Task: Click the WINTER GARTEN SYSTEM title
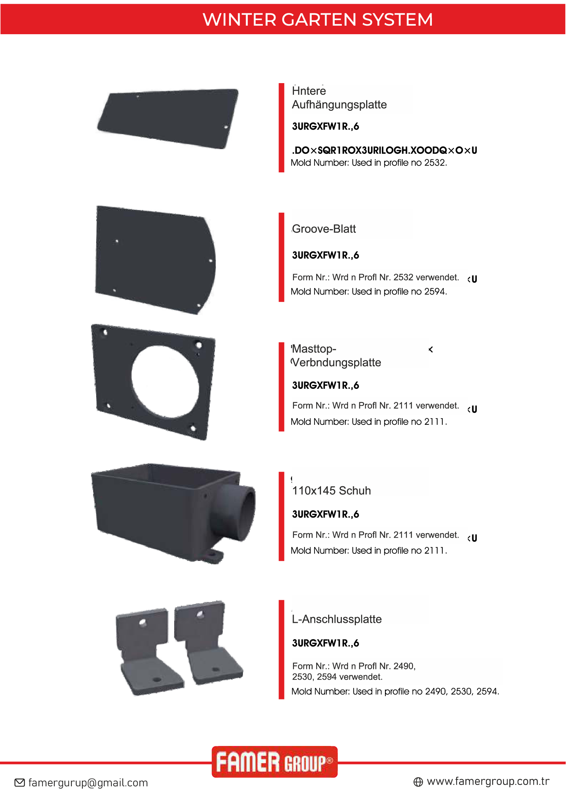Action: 318,19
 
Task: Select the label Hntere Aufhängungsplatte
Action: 339,98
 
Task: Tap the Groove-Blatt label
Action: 324,229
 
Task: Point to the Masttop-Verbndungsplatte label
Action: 336,355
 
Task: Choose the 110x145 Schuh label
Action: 331,490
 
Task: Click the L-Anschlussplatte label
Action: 337,619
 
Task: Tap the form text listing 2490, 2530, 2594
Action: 354,671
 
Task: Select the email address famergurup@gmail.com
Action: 88,783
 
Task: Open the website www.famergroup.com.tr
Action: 488,781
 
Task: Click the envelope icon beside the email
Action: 20,783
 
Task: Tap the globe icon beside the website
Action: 418,782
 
